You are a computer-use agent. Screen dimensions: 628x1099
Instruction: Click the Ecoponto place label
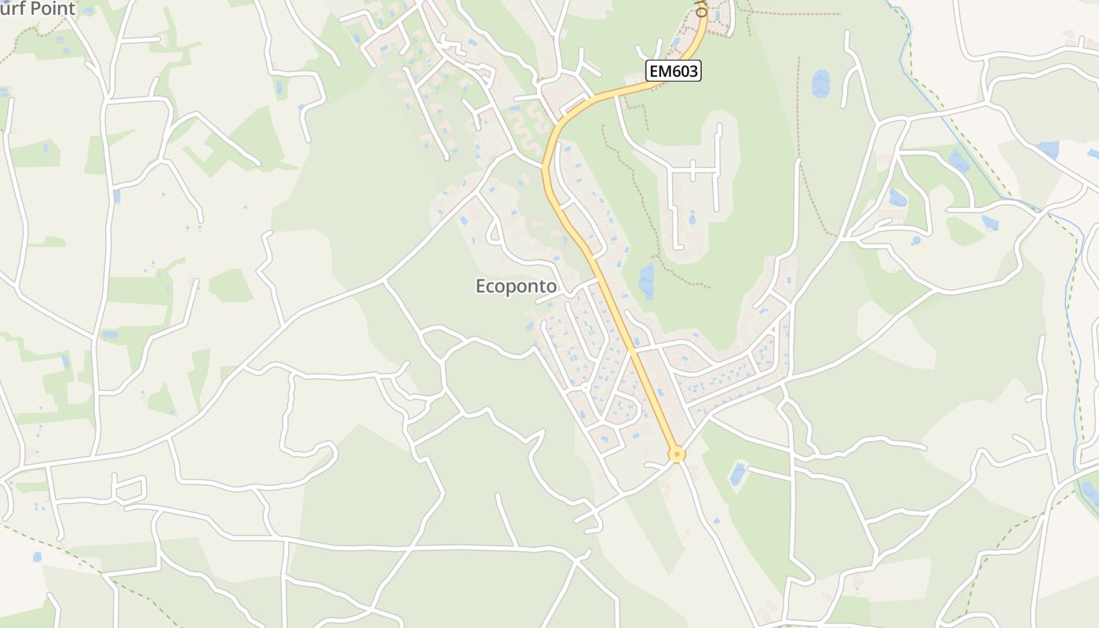coord(516,287)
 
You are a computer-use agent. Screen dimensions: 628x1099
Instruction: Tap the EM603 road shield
coord(673,71)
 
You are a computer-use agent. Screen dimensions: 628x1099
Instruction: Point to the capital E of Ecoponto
coord(481,287)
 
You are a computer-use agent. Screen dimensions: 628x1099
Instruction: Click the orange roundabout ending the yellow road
coord(677,454)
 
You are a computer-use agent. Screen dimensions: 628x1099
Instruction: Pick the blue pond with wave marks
coord(820,82)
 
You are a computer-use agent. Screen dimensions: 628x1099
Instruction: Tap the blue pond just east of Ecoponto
coord(647,280)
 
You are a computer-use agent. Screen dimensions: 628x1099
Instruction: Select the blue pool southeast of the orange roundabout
coord(738,473)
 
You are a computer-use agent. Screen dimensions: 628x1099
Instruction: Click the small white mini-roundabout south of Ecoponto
coord(586,388)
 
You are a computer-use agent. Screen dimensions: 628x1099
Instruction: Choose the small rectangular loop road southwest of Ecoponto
coord(129,489)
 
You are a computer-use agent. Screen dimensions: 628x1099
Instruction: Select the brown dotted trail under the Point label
coord(24,39)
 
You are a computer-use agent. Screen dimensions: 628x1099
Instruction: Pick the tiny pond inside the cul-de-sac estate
coord(692,217)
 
